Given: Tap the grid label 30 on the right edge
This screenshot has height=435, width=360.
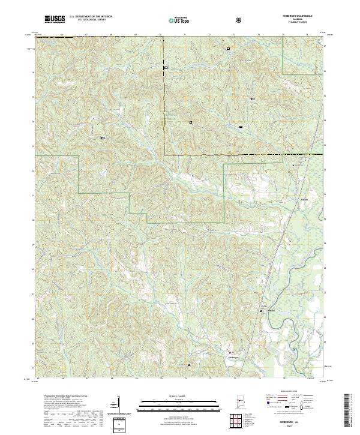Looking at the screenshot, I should (325, 220).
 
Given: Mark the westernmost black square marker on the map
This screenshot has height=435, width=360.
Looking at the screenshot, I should (103, 137).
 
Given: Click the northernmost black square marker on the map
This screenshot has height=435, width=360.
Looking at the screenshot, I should (228, 49).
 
